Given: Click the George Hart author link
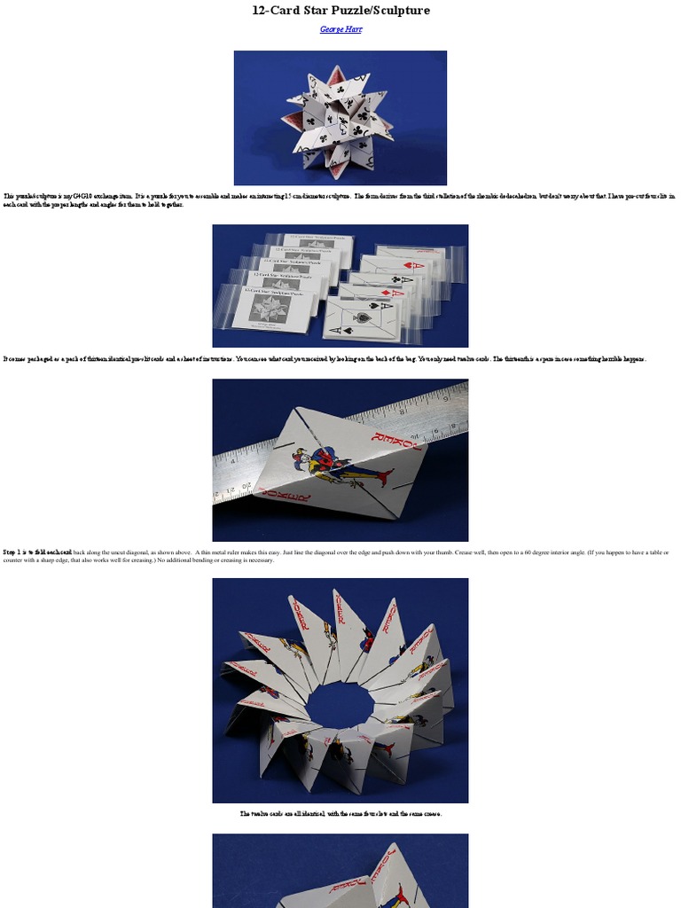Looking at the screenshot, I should coord(340,29).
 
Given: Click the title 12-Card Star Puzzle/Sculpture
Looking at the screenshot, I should coord(340,11).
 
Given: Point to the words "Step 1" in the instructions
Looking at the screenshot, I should coord(16,552).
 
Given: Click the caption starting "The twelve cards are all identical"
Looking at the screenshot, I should coord(340,813).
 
